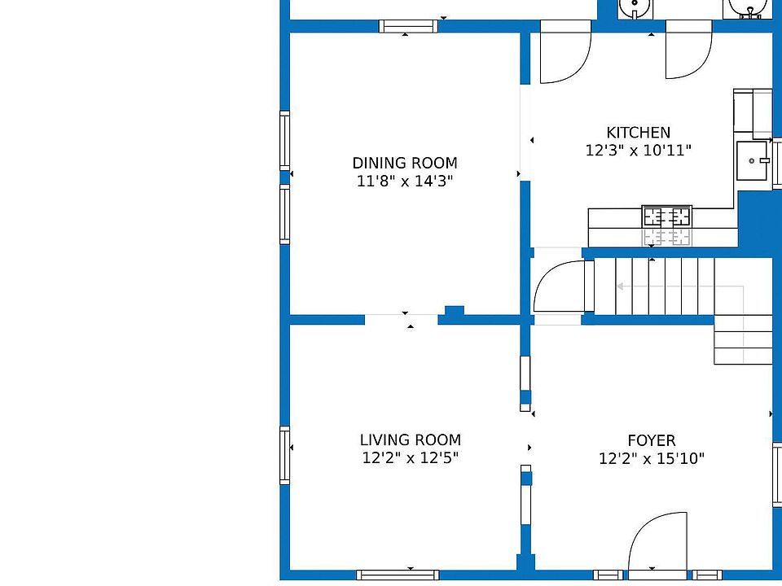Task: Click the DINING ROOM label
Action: (405, 163)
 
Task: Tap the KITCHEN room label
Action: (639, 133)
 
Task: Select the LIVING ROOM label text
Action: (411, 440)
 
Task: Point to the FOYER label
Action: (652, 440)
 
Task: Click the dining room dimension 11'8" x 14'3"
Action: (405, 181)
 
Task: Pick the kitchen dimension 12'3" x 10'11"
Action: (639, 150)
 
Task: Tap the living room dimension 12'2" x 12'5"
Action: (411, 457)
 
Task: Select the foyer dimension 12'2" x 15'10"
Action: (652, 458)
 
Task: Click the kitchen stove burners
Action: (667, 216)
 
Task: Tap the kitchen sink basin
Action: (752, 160)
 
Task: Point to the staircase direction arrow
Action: (681, 286)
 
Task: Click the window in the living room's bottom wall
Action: (398, 575)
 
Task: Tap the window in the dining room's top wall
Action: (408, 26)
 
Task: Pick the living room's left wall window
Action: (285, 455)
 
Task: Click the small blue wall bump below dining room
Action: (454, 310)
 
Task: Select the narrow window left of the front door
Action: (608, 575)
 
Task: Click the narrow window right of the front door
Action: (707, 575)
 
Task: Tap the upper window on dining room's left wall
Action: (285, 141)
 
